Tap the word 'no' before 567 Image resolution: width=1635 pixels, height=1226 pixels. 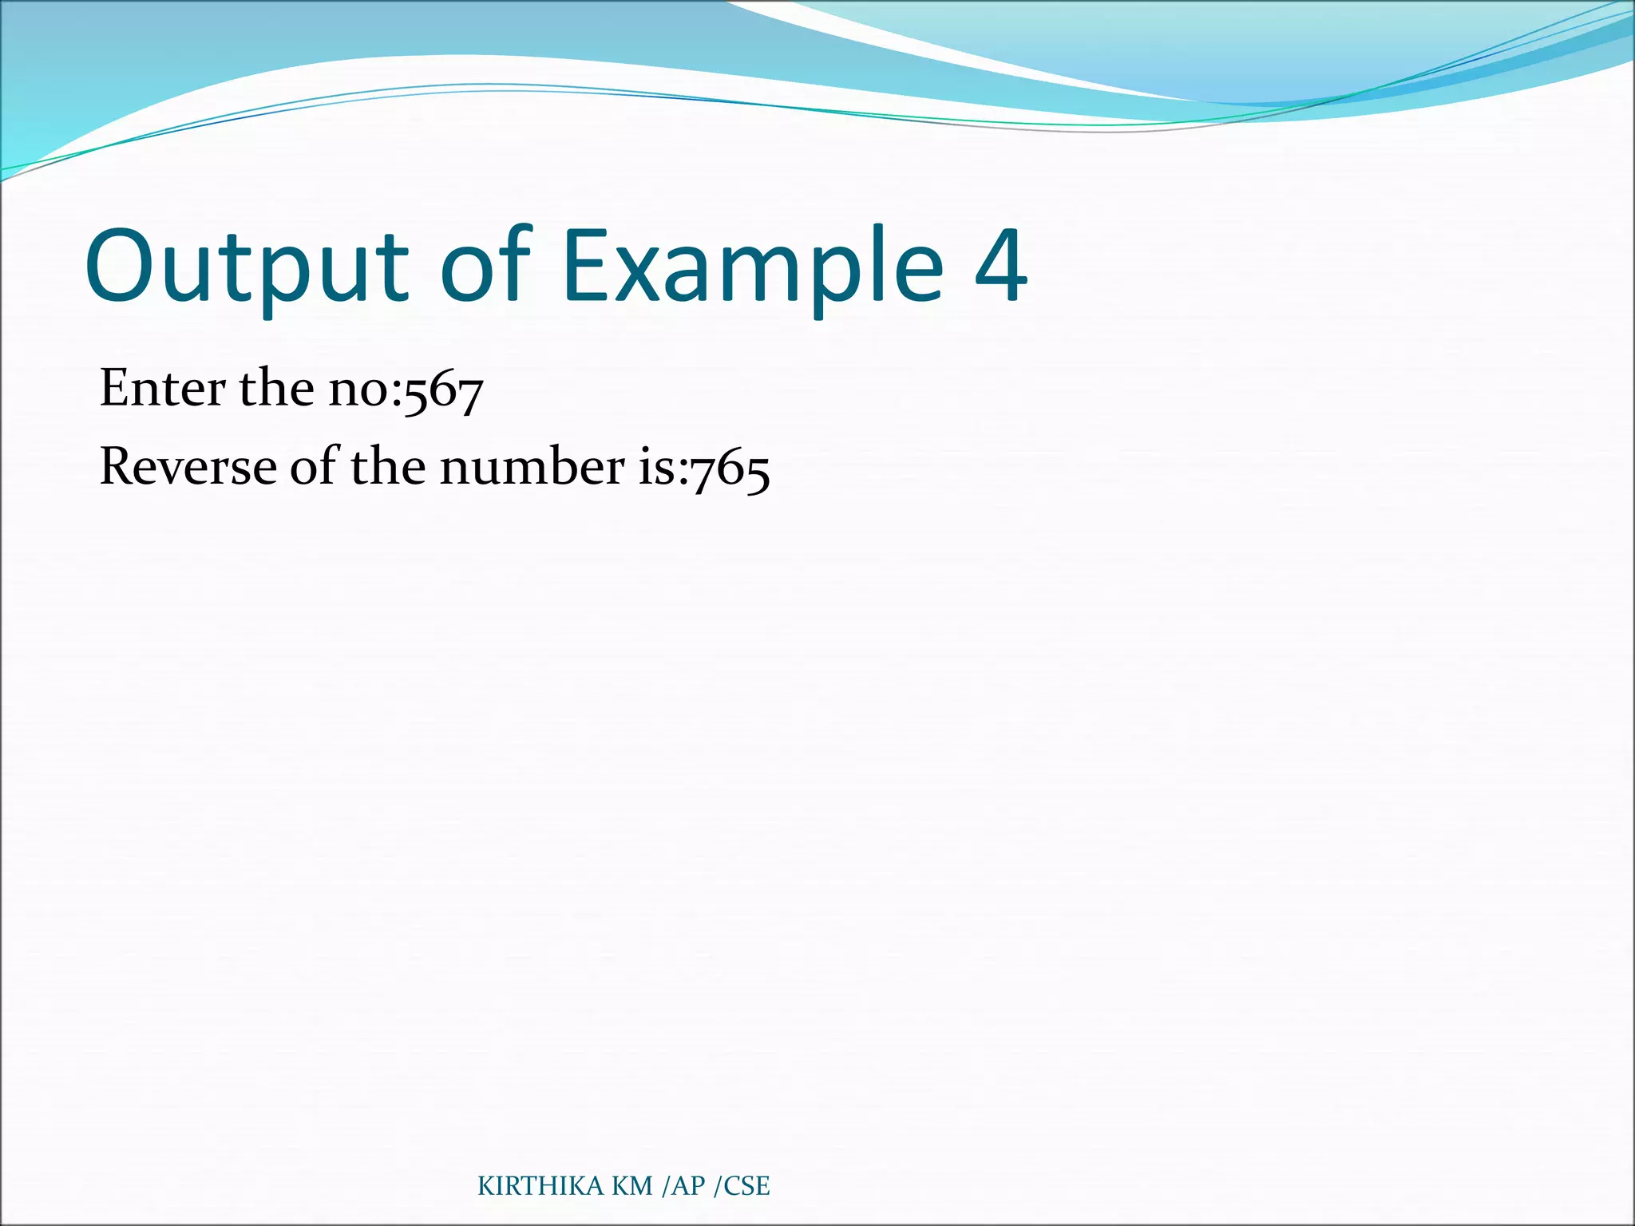coord(364,391)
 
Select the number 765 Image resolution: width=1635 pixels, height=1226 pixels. coord(730,471)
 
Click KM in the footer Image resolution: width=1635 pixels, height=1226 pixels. coord(632,1186)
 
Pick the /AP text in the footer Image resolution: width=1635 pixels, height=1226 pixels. coord(684,1186)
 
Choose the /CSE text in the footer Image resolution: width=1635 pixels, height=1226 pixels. coord(742,1186)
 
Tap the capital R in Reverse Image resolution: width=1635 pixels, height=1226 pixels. coord(117,466)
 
